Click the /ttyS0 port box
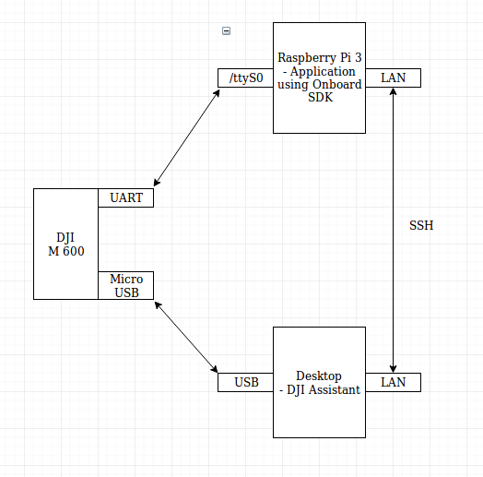pos(245,78)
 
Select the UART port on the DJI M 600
pos(125,197)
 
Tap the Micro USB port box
pos(125,285)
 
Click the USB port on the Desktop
pos(245,382)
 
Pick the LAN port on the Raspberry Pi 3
pos(394,78)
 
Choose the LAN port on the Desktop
pos(394,382)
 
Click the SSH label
pos(421,225)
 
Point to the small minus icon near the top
pos(227,31)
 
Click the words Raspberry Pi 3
pos(319,57)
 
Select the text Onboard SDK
pos(319,91)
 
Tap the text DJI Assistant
pos(322,389)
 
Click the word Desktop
pos(319,376)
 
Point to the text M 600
pos(65,251)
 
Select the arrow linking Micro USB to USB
pos(187,337)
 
